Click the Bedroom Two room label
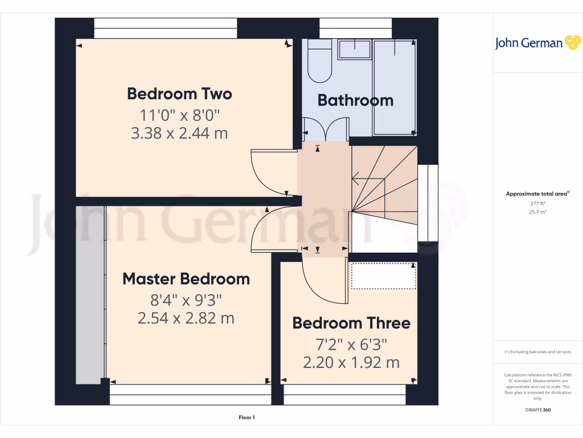pos(179,93)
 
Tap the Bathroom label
pos(355,100)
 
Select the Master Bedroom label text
pos(186,279)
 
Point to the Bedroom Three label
pos(351,323)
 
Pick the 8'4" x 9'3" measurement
pos(186,299)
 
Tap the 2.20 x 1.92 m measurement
pos(351,362)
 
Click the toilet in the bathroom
pos(319,62)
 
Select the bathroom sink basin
pos(354,49)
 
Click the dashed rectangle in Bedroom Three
pos(384,276)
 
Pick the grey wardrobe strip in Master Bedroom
pos(91,294)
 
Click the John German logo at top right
pos(537,43)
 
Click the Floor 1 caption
pos(247,418)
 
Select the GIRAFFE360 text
pos(537,410)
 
